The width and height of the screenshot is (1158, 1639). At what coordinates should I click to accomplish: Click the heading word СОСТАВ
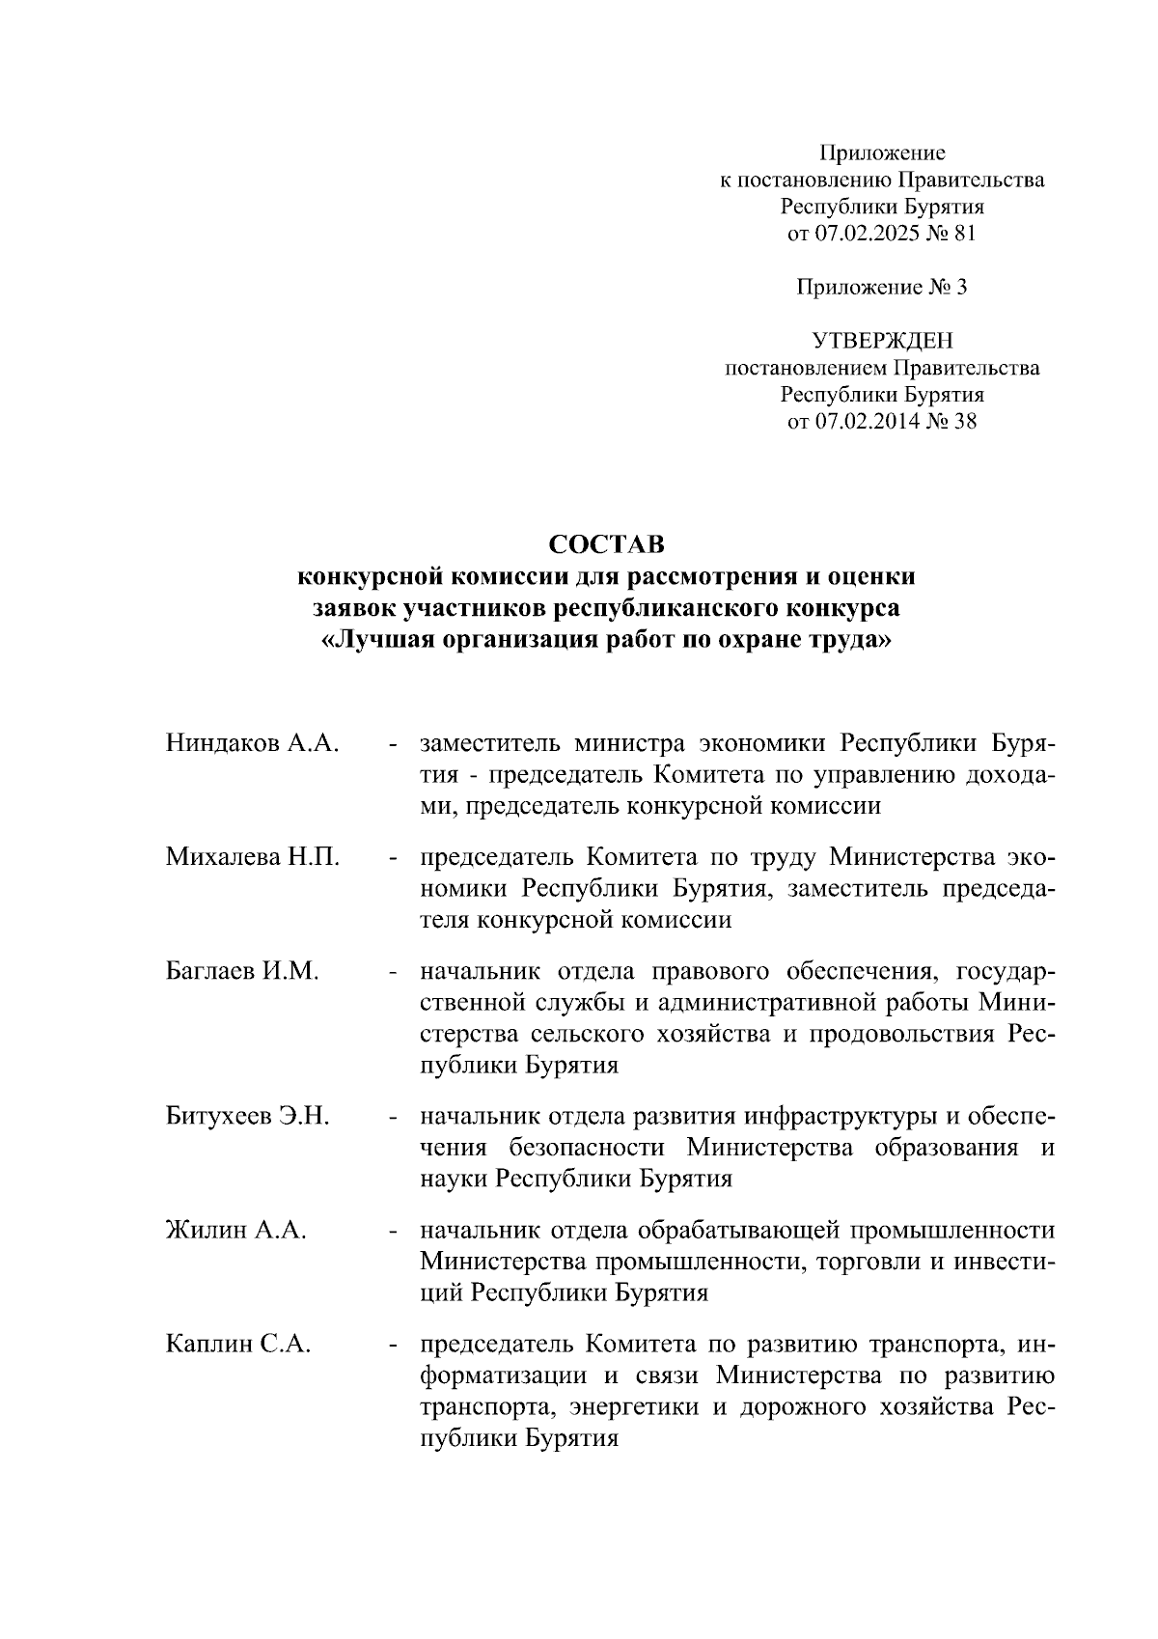pyautogui.click(x=607, y=545)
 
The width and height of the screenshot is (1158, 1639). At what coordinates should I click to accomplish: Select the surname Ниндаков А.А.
pyautogui.click(x=252, y=743)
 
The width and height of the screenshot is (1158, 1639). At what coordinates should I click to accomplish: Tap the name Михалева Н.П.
pyautogui.click(x=252, y=857)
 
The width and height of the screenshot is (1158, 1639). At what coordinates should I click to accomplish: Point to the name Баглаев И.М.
pyautogui.click(x=241, y=971)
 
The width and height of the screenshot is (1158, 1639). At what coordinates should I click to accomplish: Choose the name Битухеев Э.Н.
pyautogui.click(x=248, y=1117)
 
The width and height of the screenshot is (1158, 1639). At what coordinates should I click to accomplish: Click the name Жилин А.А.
pyautogui.click(x=235, y=1231)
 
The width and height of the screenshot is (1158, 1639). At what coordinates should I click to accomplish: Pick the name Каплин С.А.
pyautogui.click(x=237, y=1345)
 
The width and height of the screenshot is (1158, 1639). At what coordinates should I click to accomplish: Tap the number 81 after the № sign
pyautogui.click(x=965, y=233)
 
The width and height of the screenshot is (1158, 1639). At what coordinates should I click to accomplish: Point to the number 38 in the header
pyautogui.click(x=965, y=421)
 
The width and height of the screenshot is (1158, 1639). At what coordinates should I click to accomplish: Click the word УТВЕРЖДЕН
pyautogui.click(x=882, y=341)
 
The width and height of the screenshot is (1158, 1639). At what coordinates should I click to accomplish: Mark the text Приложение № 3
pyautogui.click(x=882, y=287)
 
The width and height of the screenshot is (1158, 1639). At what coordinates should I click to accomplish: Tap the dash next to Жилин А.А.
pyautogui.click(x=394, y=1232)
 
